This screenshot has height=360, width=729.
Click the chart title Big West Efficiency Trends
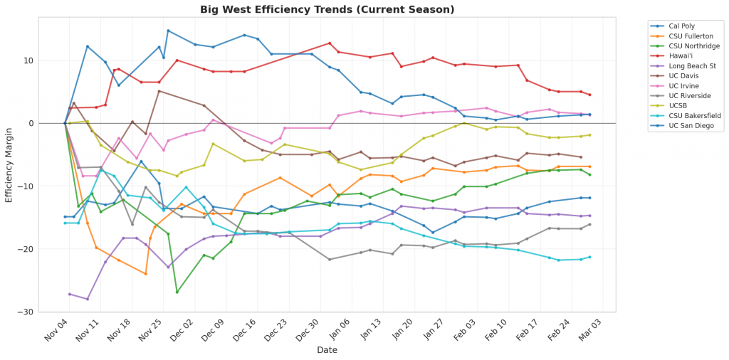[327, 9]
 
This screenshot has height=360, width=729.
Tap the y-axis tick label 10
[49, 60]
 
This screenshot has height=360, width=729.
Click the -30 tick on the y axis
[48, 312]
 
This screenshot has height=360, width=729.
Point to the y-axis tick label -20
[48, 249]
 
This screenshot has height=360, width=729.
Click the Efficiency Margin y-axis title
[9, 164]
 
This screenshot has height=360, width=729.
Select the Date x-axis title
[327, 350]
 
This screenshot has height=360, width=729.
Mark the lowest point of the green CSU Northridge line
[177, 292]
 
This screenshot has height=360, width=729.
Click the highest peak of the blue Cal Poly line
[168, 31]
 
